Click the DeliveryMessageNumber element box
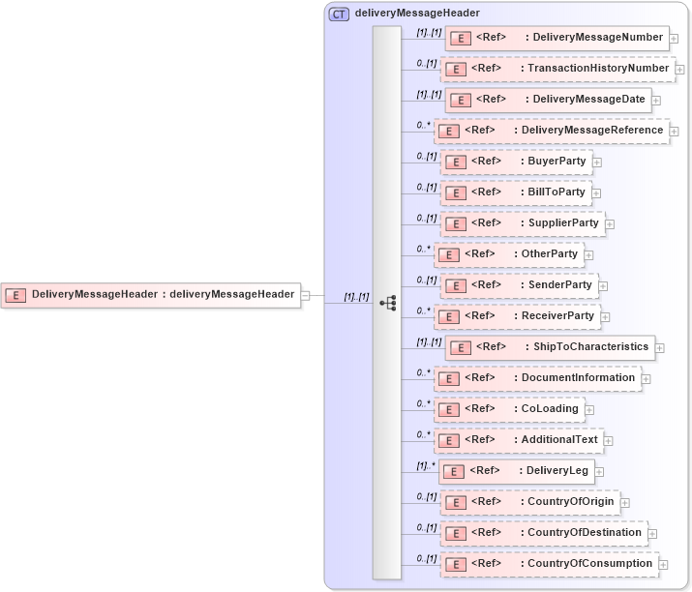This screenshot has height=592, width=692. point(557,38)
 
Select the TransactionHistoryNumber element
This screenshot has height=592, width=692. point(558,69)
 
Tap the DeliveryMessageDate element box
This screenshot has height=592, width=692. point(548,100)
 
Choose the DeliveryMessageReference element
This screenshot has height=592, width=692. point(552,131)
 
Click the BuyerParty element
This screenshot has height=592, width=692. point(517,162)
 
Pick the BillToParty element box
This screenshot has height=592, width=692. point(516,192)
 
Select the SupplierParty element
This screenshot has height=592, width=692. point(523,223)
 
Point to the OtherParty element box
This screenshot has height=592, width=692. point(509,254)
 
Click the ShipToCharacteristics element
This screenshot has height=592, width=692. point(550,347)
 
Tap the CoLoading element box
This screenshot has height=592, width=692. point(509,409)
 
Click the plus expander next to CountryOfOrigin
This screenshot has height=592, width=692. point(625,503)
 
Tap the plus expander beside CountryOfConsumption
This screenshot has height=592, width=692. point(664,564)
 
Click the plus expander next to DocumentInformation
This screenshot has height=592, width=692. point(647,378)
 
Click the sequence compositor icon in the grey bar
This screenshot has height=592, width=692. point(387,303)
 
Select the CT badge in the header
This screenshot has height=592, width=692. point(339,14)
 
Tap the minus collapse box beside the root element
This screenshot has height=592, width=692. point(306,295)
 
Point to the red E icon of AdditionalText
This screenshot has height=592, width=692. point(449,440)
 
